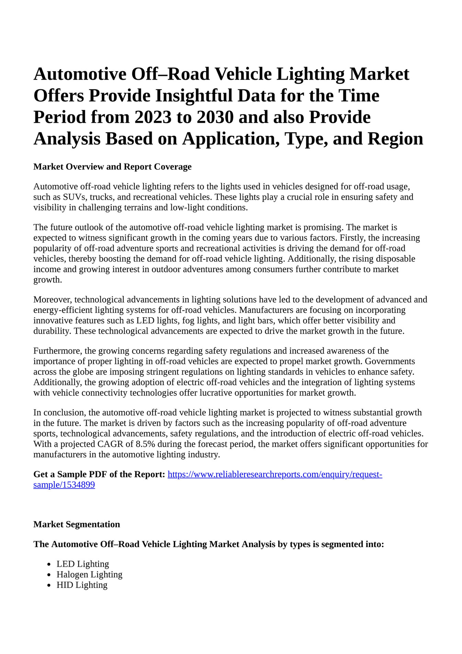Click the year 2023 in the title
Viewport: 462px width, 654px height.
[x=153, y=117]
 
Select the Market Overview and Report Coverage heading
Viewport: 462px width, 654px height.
[x=112, y=167]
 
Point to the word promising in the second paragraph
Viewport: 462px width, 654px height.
[x=324, y=227]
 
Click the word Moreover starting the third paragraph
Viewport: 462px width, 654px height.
[x=53, y=299]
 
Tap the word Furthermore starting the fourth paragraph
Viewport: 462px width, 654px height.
[x=58, y=351]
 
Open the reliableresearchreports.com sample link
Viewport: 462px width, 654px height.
[x=274, y=475]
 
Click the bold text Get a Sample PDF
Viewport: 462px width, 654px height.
[x=81, y=475]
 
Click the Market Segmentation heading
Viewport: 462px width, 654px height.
[x=77, y=524]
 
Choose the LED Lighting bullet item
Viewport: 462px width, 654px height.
[x=83, y=564]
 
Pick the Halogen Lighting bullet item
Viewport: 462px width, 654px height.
[x=89, y=574]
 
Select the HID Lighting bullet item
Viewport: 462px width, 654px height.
[x=82, y=585]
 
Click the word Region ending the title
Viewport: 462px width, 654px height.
[x=395, y=139]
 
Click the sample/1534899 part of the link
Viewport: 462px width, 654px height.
[x=64, y=485]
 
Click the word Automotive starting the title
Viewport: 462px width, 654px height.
[x=80, y=74]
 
